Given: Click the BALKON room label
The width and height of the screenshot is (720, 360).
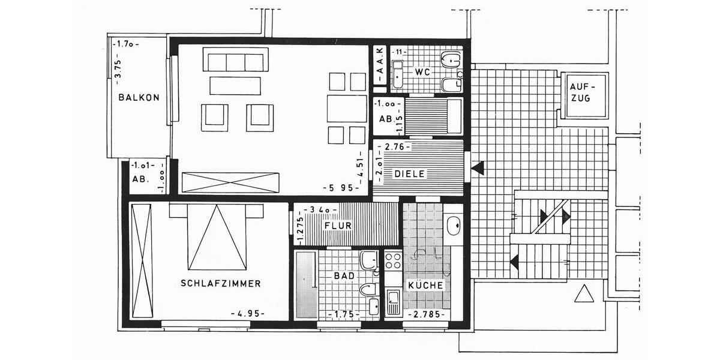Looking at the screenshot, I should [x=139, y=97].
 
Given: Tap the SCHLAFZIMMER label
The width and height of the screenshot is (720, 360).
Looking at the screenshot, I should [x=221, y=283].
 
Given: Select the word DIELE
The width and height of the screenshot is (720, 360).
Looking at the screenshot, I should [x=410, y=174].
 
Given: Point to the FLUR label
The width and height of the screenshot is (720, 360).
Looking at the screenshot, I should [x=337, y=226].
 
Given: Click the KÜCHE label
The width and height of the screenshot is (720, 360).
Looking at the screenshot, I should [x=425, y=286].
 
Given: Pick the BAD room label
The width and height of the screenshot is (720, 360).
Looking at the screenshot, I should [x=344, y=276].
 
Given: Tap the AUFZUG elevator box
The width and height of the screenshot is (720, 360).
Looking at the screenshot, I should [x=584, y=95].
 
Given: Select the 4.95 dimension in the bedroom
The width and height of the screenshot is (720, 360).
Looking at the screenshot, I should [x=248, y=314].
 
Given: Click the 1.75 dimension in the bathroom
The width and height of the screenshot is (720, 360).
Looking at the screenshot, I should [x=344, y=314].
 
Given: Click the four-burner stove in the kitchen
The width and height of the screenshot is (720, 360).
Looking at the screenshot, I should [x=393, y=260].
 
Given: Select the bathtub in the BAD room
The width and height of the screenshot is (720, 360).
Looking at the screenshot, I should [x=306, y=285].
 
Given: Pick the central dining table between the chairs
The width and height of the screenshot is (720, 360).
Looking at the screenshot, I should [x=346, y=109].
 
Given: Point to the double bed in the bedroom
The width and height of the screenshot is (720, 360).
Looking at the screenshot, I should [x=217, y=237].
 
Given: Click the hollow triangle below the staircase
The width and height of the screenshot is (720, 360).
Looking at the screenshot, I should [x=583, y=294].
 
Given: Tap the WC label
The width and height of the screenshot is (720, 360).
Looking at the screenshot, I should [x=422, y=72].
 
